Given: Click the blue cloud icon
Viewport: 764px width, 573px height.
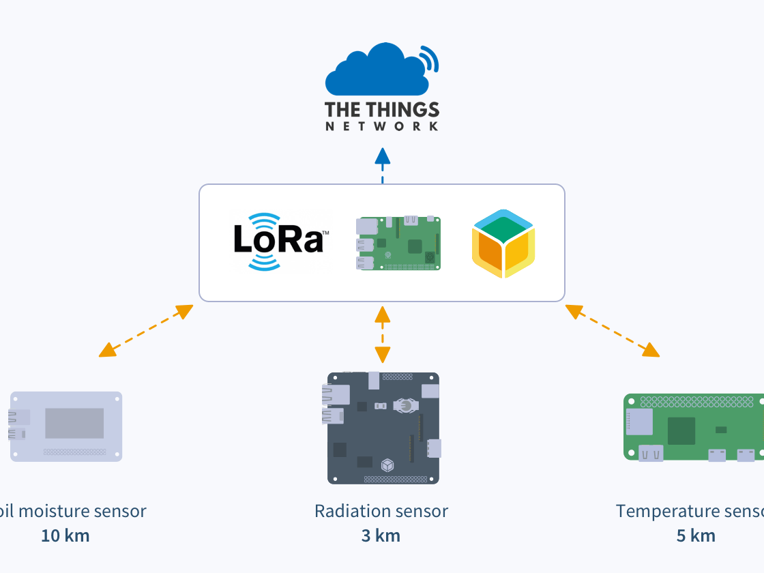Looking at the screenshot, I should (x=377, y=72).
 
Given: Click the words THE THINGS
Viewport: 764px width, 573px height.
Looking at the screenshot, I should (x=382, y=110).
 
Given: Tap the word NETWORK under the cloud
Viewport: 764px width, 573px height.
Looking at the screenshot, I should (x=382, y=127).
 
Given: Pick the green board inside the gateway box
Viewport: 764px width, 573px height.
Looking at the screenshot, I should (x=398, y=243).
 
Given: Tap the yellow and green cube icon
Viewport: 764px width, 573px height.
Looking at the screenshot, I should (x=503, y=244).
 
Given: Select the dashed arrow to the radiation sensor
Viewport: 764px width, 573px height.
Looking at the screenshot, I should (x=383, y=334).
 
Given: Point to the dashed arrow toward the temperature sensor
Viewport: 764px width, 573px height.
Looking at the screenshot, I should (x=613, y=331).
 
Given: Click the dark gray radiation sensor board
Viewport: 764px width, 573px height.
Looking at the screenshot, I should (x=383, y=428).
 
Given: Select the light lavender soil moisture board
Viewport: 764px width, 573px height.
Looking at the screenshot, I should (x=66, y=426).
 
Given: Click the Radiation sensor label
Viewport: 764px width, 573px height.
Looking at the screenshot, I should (x=381, y=511).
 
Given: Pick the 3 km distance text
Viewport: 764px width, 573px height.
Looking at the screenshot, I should (x=381, y=535).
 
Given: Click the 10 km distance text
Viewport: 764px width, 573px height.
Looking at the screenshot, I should (x=65, y=535).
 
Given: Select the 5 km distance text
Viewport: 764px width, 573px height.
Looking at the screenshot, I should (x=696, y=535).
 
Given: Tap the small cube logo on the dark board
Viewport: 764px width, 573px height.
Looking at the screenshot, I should (x=387, y=465).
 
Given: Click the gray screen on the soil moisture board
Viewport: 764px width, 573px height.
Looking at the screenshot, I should (x=74, y=424).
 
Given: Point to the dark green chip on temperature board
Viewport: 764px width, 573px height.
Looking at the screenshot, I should (x=681, y=431).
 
